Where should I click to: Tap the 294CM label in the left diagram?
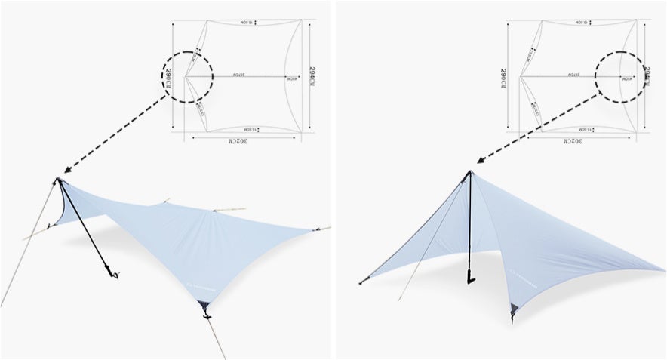click(x=312, y=77)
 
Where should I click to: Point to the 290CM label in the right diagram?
click(x=503, y=77)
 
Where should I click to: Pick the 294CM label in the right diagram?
click(x=647, y=77)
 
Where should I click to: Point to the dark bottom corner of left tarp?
click(x=203, y=306)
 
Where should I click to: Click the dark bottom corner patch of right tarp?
click(x=514, y=309)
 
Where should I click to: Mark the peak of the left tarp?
click(x=59, y=180)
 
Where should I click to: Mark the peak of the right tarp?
click(x=470, y=173)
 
